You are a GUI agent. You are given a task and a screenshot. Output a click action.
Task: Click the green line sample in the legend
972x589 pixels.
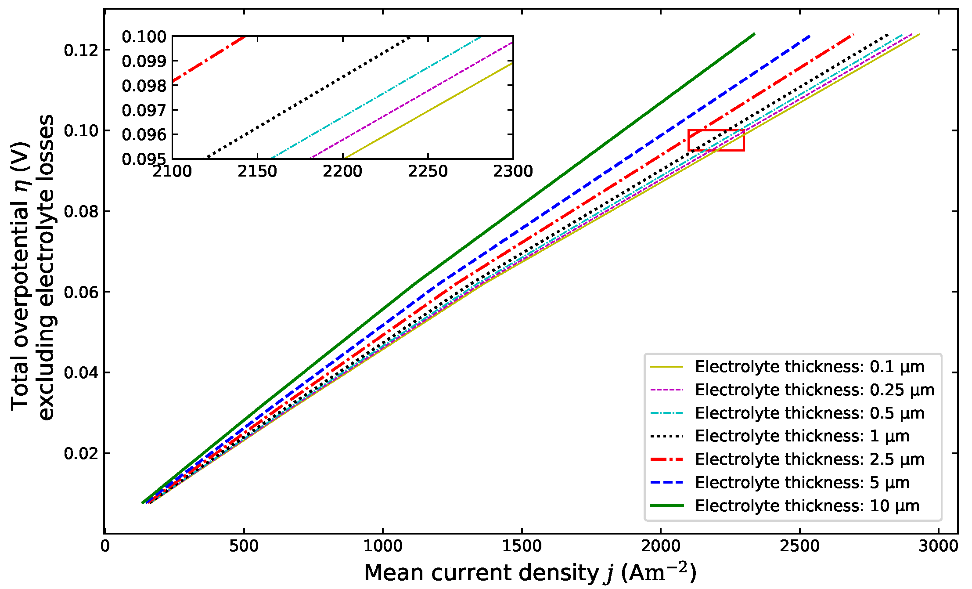coord(666,506)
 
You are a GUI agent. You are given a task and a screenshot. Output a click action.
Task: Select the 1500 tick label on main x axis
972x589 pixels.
coord(522,546)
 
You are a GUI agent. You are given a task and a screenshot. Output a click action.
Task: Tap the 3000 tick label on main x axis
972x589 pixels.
coord(938,546)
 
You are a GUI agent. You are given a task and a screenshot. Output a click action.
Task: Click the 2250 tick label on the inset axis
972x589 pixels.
coord(428,171)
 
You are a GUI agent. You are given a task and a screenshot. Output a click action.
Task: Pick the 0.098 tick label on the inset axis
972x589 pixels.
coord(144,86)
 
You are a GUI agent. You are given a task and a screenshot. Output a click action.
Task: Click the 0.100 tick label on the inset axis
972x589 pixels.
coord(144,36)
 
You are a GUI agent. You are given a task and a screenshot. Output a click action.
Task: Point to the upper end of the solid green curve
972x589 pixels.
coord(754,34)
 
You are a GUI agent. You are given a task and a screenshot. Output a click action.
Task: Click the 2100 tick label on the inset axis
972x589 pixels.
coord(172,171)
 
